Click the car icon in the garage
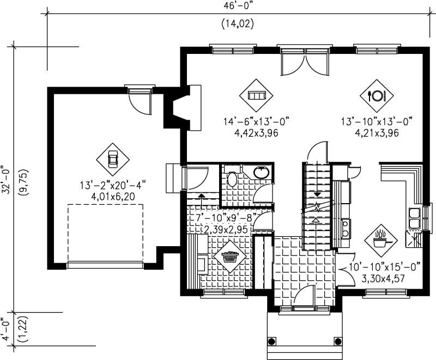(113, 159)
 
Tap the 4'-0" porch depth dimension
(5, 330)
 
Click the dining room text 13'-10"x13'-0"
(377, 121)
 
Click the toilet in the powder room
(231, 179)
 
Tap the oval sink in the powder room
(262, 173)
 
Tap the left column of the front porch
(271, 342)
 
